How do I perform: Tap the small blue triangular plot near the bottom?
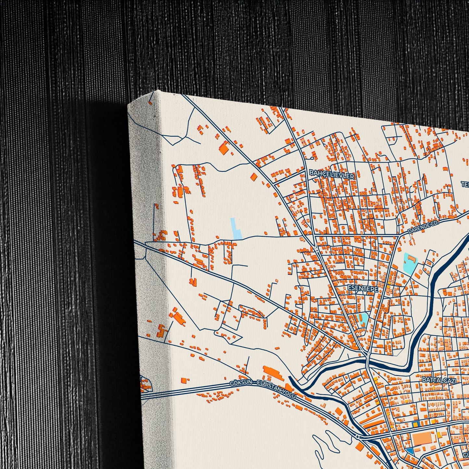pos(410,451)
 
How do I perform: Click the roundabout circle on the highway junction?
pos(357,437)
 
